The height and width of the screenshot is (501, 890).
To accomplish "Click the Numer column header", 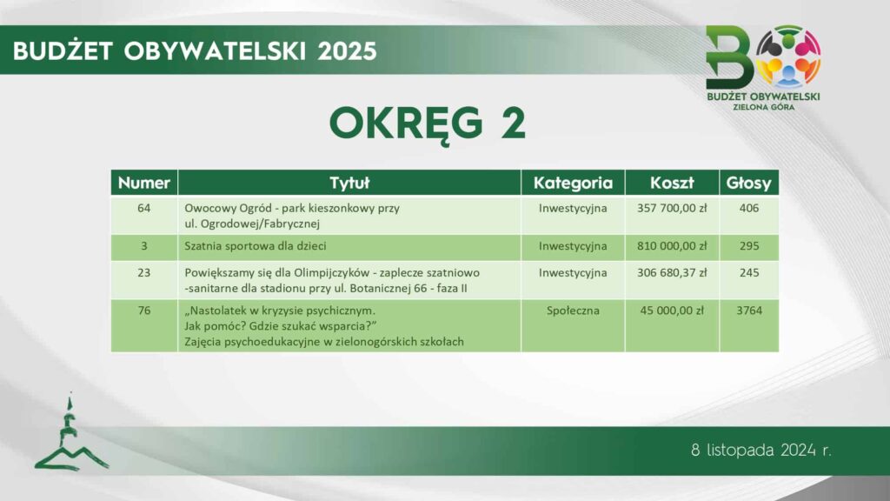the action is pos(144,183).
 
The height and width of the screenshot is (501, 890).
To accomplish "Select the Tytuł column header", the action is pos(349,183).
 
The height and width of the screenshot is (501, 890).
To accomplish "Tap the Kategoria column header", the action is pos(573,183).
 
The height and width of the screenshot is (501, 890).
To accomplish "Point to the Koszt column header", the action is pos(672,183).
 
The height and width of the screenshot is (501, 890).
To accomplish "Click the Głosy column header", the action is pos(748,183).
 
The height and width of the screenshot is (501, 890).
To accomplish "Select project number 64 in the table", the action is pos(144,208).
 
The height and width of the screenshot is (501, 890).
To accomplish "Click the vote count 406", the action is pos(749,208).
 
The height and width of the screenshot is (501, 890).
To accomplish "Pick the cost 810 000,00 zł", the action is pos(672,246).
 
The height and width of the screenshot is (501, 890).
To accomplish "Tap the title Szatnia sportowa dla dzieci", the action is pos(256,246).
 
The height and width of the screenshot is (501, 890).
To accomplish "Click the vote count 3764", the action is pos(749,311).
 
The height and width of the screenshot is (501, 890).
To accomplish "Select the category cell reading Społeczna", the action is pos(573,311).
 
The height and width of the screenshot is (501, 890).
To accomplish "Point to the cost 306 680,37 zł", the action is pos(672,272).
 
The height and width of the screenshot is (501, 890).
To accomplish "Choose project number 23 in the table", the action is pos(144,272).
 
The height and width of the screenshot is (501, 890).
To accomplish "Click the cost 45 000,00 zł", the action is pos(672,311).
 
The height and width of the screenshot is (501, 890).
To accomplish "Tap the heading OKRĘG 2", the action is pos(428,124).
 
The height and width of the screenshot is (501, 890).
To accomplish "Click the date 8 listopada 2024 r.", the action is pos(761,451).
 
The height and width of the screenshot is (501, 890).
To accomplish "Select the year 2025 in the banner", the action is pos(348,51).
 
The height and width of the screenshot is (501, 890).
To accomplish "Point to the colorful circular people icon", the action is pos(788,56).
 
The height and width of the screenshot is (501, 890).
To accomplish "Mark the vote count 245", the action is pos(749,272).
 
